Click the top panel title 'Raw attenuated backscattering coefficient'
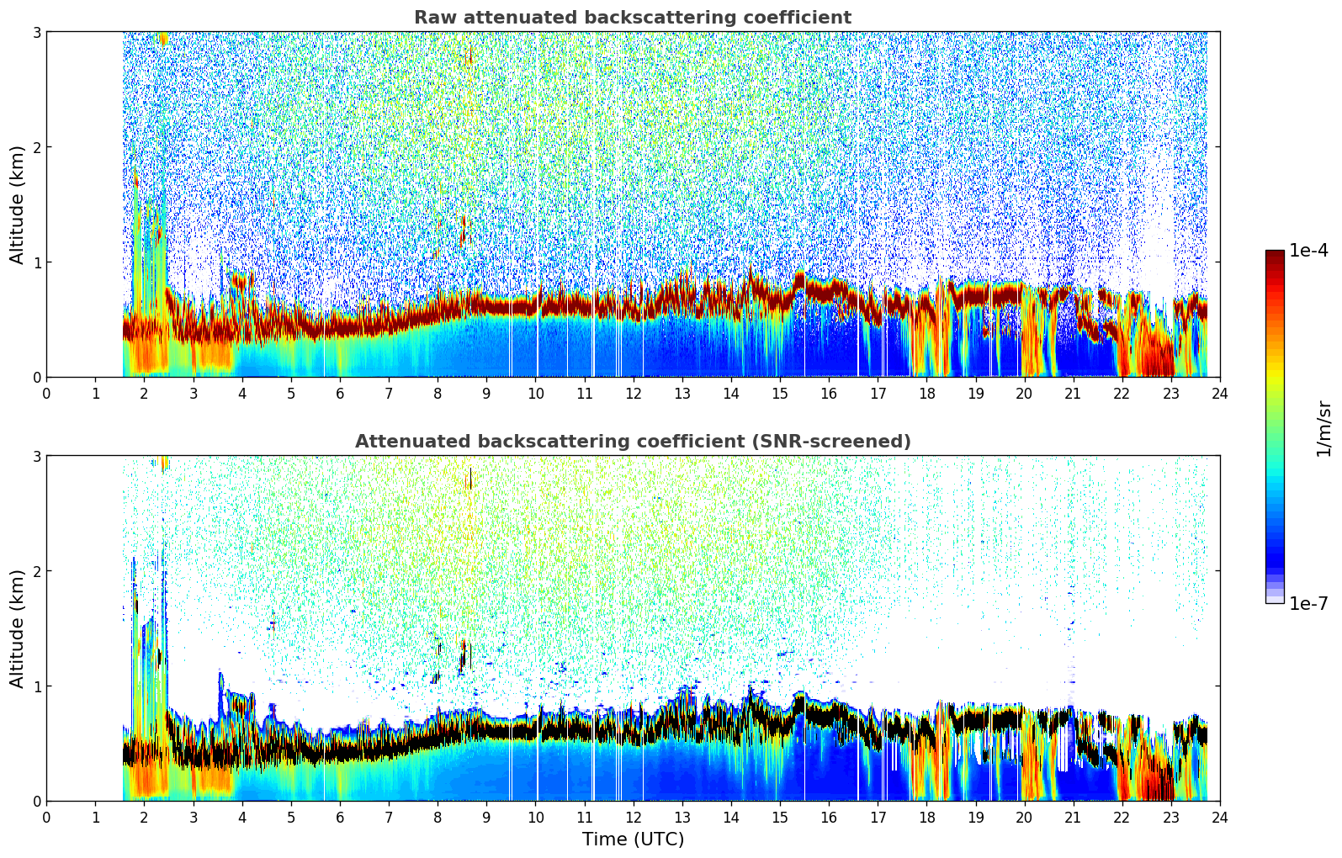point(632,18)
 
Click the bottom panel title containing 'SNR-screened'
point(632,442)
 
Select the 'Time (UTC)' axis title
point(633,839)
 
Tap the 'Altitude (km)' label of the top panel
point(18,204)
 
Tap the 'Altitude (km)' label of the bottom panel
point(18,628)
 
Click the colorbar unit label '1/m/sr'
point(1323,429)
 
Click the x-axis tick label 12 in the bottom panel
point(633,818)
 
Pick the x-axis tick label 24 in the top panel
point(1219,394)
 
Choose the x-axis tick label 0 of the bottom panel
point(46,818)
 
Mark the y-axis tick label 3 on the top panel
point(36,32)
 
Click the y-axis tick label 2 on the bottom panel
point(36,571)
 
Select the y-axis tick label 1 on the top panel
point(36,262)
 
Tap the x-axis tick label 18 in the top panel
point(926,394)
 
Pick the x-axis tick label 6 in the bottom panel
point(340,818)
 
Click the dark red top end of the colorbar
point(1275,254)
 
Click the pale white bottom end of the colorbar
point(1275,600)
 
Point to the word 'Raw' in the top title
point(432,18)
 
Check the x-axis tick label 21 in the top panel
point(1073,394)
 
